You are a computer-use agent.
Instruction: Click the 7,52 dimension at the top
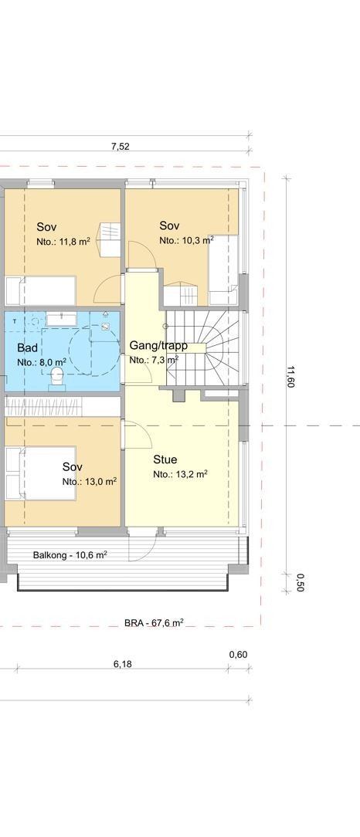[x=120, y=147]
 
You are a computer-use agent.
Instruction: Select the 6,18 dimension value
[x=122, y=664]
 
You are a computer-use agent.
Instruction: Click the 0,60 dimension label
[x=238, y=655]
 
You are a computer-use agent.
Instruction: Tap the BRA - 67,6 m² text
[x=154, y=622]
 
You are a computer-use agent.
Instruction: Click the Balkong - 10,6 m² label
[x=70, y=554]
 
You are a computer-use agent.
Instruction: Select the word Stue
[x=165, y=459]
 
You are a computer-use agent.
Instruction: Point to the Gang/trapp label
[x=158, y=345]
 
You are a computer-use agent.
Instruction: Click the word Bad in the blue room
[x=27, y=347]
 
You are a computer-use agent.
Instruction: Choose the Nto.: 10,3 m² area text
[x=185, y=241]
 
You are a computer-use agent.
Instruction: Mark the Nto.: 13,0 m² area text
[x=90, y=481]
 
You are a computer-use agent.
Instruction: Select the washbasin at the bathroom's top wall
[x=59, y=318]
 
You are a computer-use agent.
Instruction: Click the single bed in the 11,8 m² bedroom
[x=40, y=291]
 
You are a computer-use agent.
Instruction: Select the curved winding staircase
[x=205, y=347]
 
